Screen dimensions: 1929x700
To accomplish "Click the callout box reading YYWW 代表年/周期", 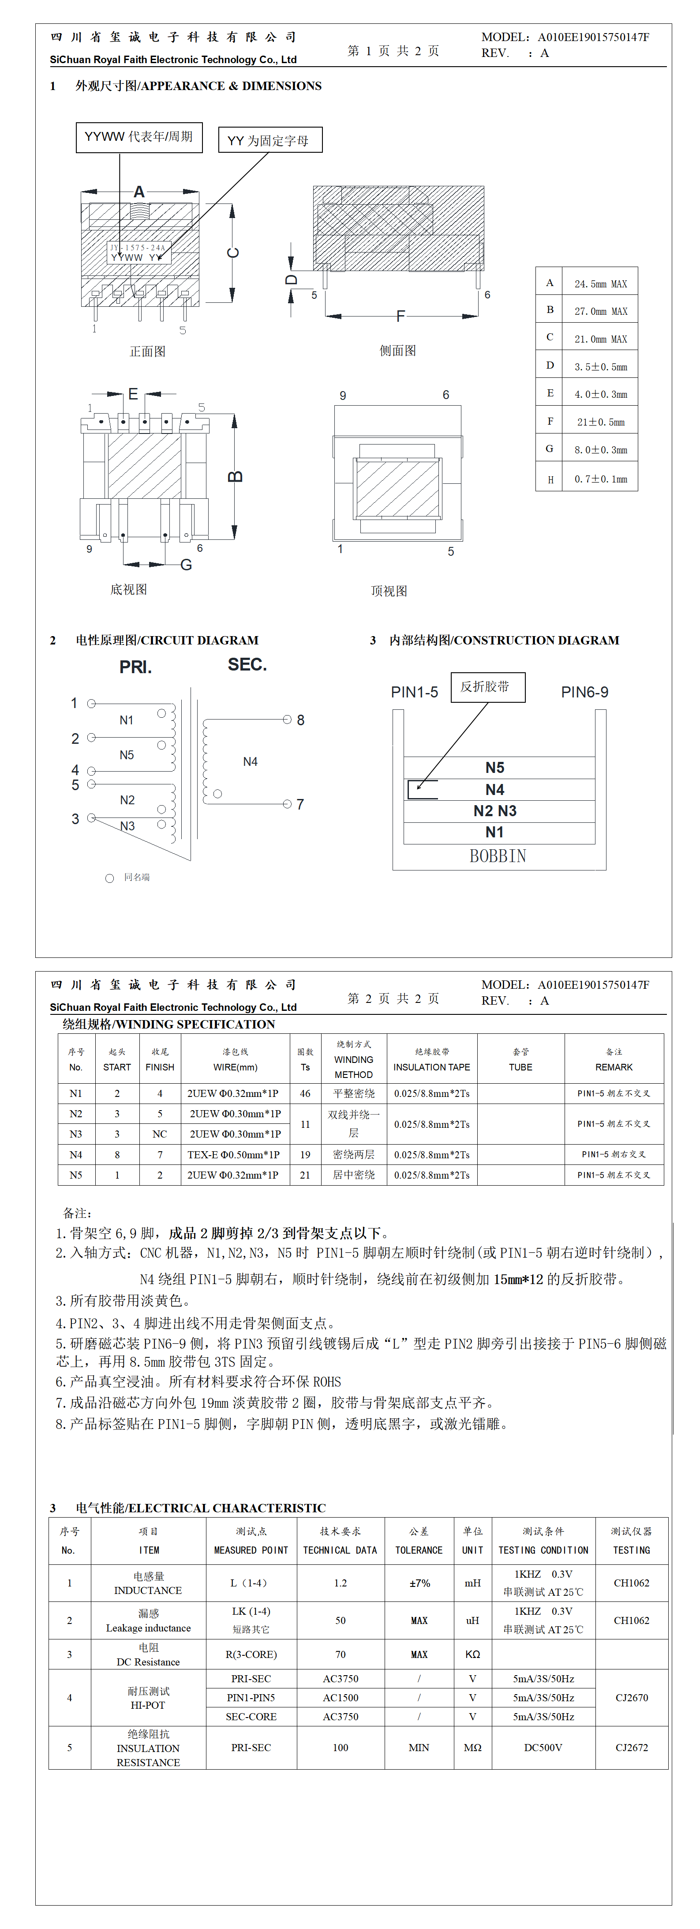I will coord(139,137).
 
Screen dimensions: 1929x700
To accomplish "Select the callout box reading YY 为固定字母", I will coord(270,140).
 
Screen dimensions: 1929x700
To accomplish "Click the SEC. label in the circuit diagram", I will coord(247,665).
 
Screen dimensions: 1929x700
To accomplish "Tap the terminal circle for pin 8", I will coord(287,720).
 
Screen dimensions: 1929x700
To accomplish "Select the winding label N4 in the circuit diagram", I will coord(250,761).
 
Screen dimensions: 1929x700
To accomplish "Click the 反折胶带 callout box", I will coord(487,687).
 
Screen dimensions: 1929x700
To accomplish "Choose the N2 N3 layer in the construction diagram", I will coord(495,811).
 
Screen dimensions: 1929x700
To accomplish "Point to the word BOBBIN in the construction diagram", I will coord(498,856).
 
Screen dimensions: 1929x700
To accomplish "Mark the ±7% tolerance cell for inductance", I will coord(419,1583).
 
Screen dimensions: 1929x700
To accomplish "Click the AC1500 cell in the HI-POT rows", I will coord(341,1698).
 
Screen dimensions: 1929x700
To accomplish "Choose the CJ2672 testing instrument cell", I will coord(631,1748).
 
